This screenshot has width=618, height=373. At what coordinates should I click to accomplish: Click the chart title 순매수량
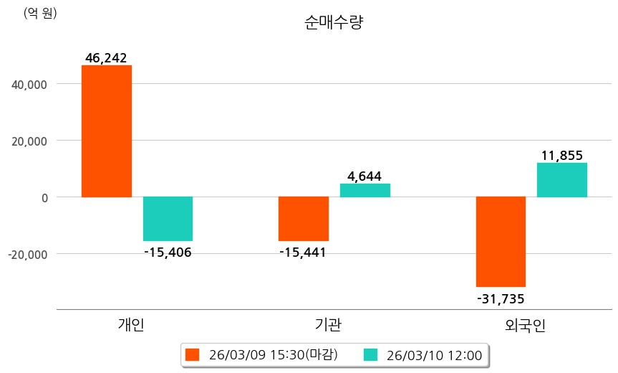point(334,22)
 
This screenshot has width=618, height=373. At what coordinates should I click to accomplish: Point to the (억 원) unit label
point(40,13)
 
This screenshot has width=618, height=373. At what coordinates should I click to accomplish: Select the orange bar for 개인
point(107,131)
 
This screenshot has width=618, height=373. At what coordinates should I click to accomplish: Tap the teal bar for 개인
point(168,219)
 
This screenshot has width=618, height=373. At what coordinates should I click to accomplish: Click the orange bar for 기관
point(304,219)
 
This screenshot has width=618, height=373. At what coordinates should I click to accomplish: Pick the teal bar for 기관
point(365,190)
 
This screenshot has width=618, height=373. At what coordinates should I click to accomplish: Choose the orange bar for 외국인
point(501,242)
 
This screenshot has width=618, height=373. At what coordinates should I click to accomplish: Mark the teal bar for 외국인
point(562,180)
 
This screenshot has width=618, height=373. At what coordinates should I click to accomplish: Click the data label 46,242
point(106,58)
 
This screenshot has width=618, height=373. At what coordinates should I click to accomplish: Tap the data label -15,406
point(168,252)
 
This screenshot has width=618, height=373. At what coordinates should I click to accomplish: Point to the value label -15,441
point(303,252)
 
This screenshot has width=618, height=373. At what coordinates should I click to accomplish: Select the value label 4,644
point(364,176)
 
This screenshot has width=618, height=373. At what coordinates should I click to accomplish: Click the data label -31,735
point(501,298)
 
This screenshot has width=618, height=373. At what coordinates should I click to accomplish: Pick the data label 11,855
point(562,155)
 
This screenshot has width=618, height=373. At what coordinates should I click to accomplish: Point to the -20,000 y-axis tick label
point(27,254)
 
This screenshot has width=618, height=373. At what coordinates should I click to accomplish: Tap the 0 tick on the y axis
point(43,197)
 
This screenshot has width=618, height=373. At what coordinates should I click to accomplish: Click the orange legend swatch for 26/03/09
point(192,354)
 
